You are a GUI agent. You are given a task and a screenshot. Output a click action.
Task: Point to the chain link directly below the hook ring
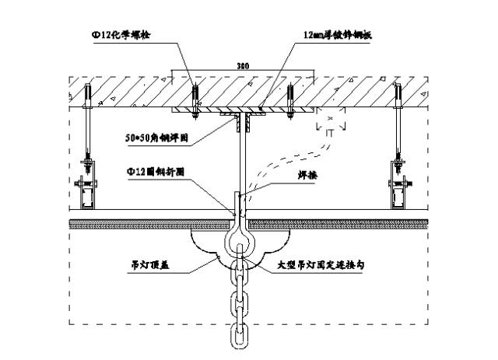point(241,273)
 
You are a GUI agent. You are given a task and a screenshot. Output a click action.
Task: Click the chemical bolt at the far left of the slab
point(88,101)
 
